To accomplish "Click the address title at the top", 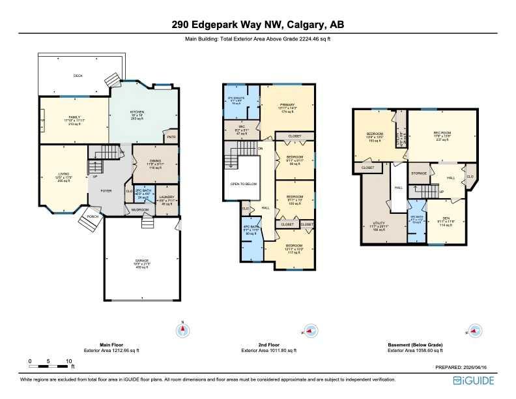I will pos(257,25).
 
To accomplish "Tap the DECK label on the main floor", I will pos(78,76).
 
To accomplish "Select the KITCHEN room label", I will pos(136,112).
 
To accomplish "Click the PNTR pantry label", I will pos(171,137).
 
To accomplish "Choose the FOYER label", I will pos(105,191).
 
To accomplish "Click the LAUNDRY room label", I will pos(167,198).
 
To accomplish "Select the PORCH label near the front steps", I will pos(93,216).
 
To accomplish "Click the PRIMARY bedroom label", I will pos(287,105).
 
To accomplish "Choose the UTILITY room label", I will pos(379,223).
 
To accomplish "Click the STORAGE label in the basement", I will pos(419,173).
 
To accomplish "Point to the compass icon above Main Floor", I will pos(183,331).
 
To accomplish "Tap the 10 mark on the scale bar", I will pos(68,361).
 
